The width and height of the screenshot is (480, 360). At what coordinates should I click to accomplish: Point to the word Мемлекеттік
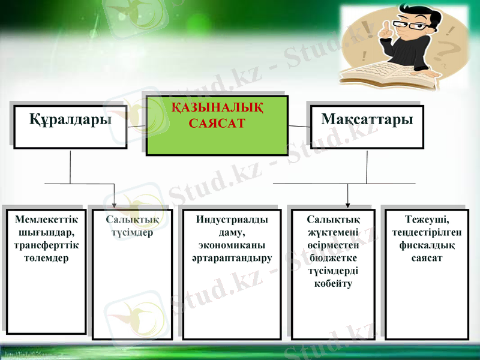[x=46, y=220]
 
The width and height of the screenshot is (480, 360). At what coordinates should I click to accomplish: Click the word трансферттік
[x=46, y=245]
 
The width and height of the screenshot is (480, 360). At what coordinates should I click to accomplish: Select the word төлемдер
[x=46, y=258]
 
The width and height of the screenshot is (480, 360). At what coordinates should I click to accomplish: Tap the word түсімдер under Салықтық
[x=132, y=233]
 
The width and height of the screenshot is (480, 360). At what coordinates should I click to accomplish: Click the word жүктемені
[x=333, y=233]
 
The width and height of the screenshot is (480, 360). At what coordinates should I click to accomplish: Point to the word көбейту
[x=333, y=284]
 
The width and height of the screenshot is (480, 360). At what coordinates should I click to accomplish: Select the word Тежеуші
[x=427, y=220]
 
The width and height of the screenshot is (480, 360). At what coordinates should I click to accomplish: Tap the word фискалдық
[x=427, y=245]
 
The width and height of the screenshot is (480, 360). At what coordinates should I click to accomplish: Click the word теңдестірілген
[x=427, y=233]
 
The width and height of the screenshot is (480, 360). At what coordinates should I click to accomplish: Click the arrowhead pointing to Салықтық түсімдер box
[x=115, y=204]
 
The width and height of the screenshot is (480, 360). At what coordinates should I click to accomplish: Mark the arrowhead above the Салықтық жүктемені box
[x=347, y=204]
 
